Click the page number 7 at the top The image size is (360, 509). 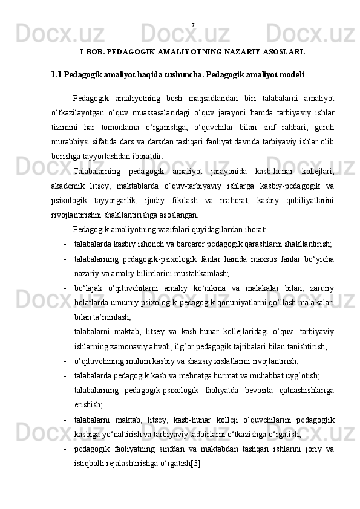click(192, 25)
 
